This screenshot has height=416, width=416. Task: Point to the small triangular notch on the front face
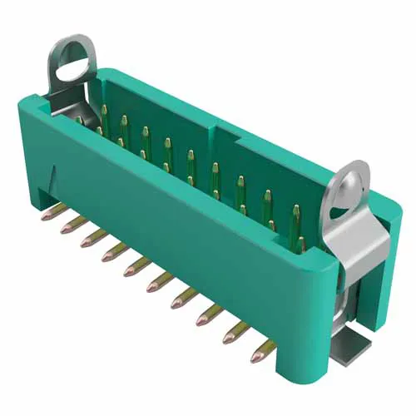(x=55, y=177)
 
